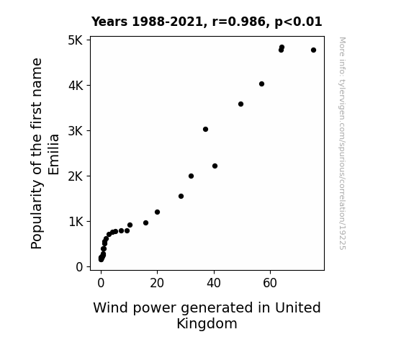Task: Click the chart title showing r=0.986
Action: (x=207, y=22)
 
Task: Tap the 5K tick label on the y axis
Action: (x=76, y=40)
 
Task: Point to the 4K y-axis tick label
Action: (x=76, y=86)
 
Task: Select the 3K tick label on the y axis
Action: (x=76, y=131)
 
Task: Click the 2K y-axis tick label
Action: (x=76, y=176)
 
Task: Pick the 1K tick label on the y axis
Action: (x=76, y=222)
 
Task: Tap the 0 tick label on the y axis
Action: (x=79, y=267)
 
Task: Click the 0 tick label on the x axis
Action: (x=101, y=283)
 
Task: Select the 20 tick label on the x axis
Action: (x=157, y=283)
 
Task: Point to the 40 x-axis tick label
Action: (x=214, y=283)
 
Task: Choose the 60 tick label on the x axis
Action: (x=270, y=283)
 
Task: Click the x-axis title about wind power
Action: (x=207, y=315)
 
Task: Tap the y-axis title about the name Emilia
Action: (x=45, y=153)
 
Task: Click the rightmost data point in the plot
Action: (x=313, y=50)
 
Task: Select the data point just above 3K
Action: (x=205, y=129)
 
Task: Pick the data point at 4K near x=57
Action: (x=261, y=84)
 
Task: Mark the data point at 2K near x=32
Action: (x=191, y=176)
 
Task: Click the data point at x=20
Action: (x=157, y=212)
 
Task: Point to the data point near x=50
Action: (x=240, y=104)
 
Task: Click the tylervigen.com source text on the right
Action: (x=343, y=143)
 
